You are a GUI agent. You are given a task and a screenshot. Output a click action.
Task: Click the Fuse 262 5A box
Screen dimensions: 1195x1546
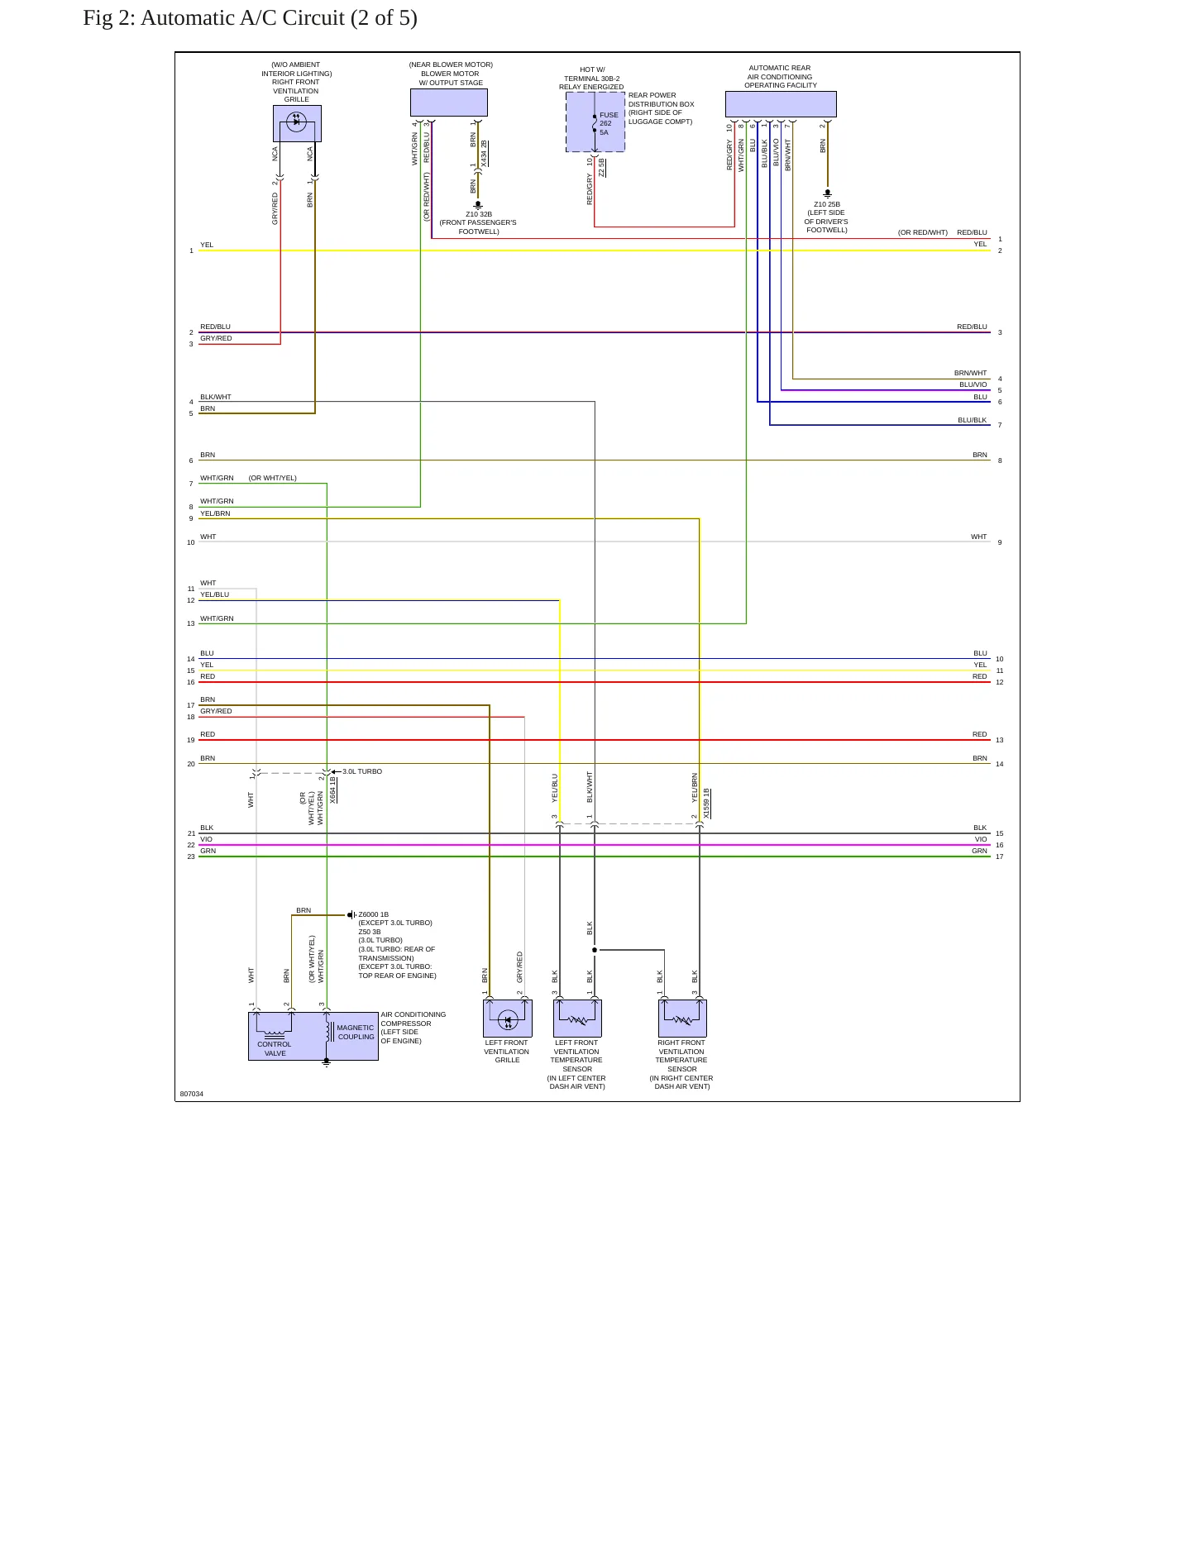(x=595, y=122)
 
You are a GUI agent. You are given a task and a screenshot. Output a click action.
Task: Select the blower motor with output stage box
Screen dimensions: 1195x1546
(x=449, y=103)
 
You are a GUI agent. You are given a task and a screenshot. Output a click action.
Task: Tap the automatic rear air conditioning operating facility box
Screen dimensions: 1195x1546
(x=781, y=104)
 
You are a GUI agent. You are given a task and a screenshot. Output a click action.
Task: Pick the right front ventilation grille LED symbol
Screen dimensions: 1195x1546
(x=296, y=122)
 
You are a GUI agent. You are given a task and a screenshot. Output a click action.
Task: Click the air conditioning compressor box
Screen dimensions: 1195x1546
(x=313, y=1036)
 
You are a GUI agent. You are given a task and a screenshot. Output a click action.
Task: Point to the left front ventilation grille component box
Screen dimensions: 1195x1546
(x=508, y=1019)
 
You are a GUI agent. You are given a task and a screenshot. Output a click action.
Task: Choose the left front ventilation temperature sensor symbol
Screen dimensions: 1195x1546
(x=577, y=1019)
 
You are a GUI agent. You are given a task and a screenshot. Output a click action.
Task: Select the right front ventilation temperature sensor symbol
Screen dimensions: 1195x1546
(x=682, y=1019)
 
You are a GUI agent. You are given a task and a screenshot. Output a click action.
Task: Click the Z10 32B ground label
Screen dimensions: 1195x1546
(x=479, y=214)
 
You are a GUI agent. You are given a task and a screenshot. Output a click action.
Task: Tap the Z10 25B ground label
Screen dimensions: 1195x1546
(x=827, y=204)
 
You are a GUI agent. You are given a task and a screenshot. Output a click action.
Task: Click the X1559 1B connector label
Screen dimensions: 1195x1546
(x=707, y=804)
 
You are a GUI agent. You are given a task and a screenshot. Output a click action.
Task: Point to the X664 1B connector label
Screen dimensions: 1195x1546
(x=332, y=790)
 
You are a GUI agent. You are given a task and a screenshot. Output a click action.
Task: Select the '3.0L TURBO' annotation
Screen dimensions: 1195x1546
(x=362, y=771)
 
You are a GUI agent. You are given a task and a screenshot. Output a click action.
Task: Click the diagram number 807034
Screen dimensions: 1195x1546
(x=192, y=1094)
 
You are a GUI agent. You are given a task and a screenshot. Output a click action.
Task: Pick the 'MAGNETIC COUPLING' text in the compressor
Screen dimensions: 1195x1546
(x=356, y=1032)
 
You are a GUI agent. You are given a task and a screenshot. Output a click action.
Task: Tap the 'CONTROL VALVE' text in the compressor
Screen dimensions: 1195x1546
(x=275, y=1048)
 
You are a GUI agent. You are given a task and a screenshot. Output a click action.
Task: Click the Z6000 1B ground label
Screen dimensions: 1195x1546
(x=373, y=914)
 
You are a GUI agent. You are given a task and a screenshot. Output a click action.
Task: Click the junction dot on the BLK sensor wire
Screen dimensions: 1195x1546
(x=595, y=950)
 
